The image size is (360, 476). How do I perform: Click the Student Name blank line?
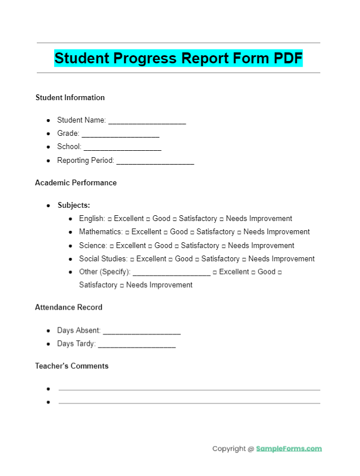tap(147, 122)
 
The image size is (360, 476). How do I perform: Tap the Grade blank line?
tap(120, 135)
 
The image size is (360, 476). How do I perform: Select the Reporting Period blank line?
tap(155, 162)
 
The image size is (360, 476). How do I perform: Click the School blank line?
tap(122, 148)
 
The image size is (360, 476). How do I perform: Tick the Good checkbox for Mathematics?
tap(166, 233)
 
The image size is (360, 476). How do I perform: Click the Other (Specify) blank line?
tap(171, 273)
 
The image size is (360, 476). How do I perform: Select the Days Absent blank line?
tap(141, 332)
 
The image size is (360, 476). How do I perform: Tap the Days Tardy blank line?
tap(136, 345)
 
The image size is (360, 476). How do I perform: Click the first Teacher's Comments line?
tap(189, 390)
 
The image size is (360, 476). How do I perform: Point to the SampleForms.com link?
tap(289, 449)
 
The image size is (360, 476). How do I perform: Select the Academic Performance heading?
tap(76, 183)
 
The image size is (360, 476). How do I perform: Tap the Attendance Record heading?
tap(68, 307)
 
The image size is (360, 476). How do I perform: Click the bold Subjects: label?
tap(74, 205)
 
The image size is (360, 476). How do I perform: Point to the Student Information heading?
tap(70, 98)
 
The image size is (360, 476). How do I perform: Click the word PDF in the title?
tap(288, 58)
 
